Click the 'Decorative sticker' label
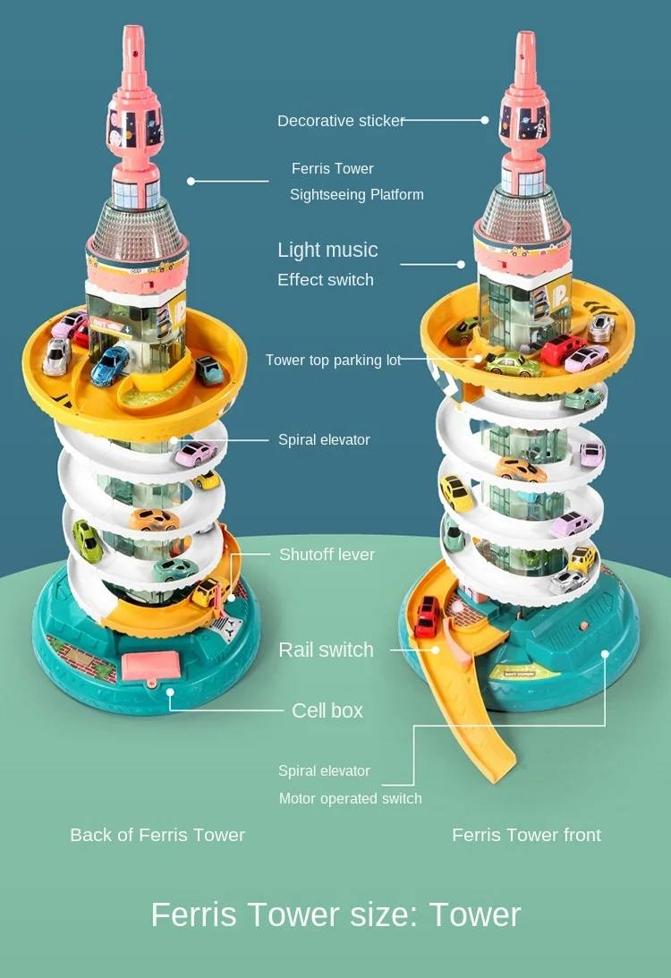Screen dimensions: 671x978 click(341, 121)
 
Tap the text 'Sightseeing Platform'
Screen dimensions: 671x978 click(356, 194)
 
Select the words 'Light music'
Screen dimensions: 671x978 click(327, 251)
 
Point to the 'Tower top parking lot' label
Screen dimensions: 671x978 click(333, 361)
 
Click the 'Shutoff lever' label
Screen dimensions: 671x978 click(327, 555)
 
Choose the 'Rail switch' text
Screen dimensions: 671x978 click(326, 651)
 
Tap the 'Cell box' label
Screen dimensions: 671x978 click(327, 710)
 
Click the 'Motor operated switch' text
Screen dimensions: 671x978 click(350, 798)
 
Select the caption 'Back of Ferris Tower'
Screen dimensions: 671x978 click(157, 835)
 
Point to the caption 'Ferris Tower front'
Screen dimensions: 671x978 click(526, 835)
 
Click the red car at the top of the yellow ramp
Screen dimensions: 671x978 click(429, 616)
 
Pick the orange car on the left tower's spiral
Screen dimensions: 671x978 click(154, 519)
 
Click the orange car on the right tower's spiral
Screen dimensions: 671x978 click(520, 469)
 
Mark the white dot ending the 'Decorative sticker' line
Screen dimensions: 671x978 click(485, 119)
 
